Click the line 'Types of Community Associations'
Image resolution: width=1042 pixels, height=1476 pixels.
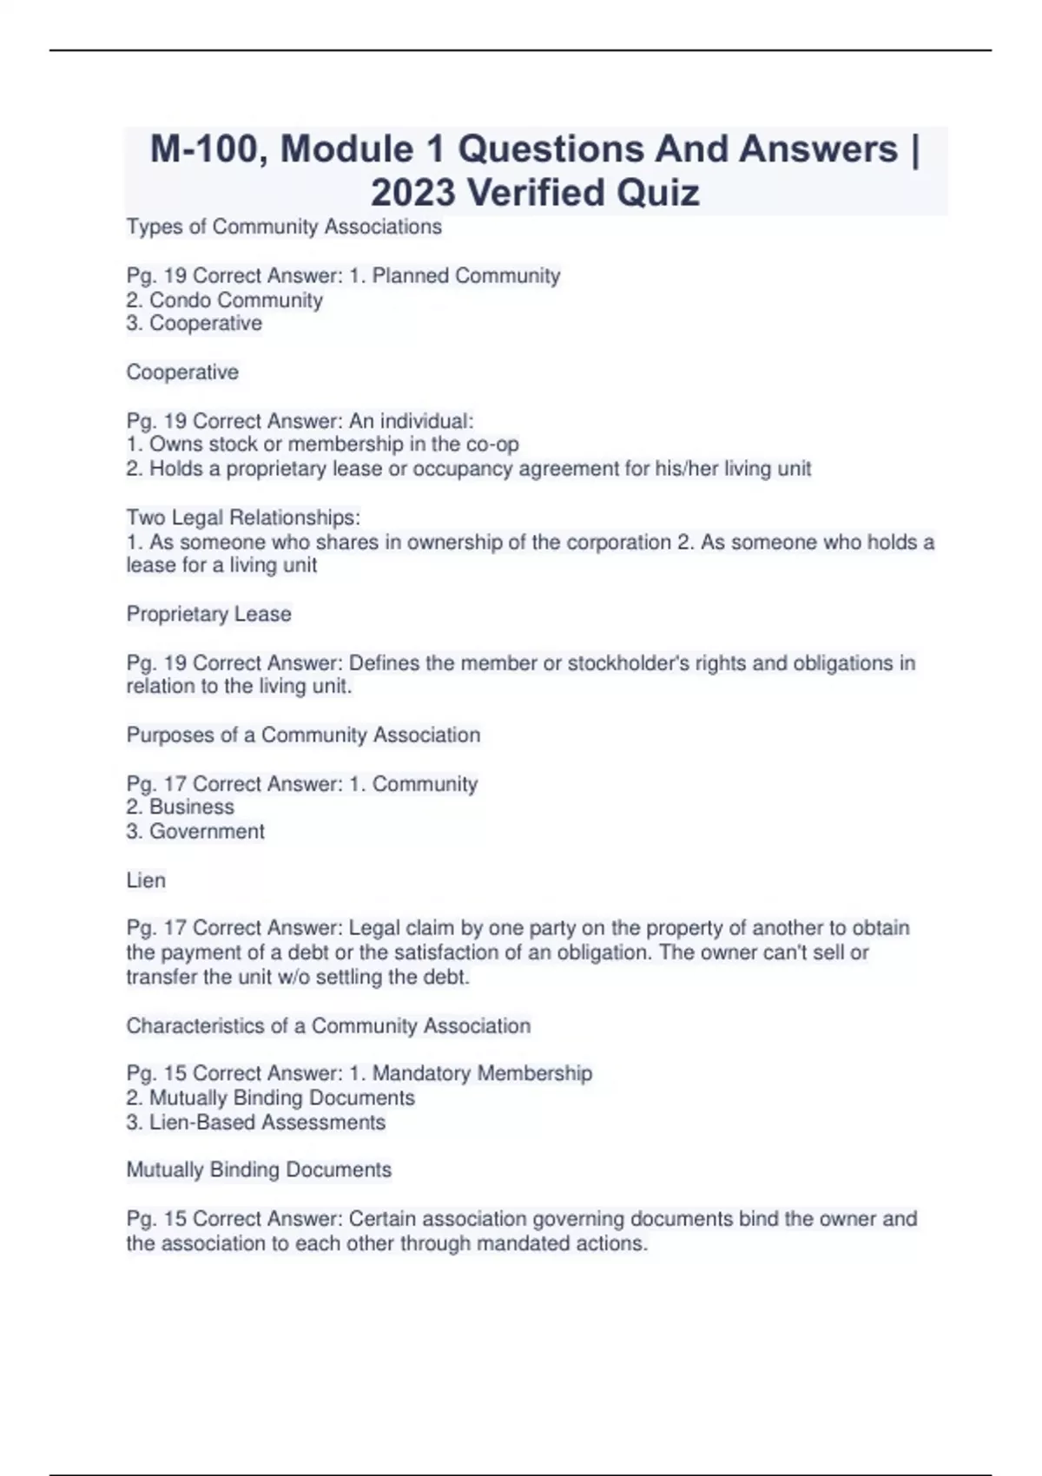[x=284, y=227]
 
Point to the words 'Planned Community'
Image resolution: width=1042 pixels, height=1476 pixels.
[x=466, y=276]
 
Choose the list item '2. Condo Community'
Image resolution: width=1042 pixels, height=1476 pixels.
[x=224, y=300]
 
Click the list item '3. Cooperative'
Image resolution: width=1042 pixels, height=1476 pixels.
[x=194, y=324]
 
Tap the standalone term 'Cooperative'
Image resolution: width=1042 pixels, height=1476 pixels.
[x=182, y=372]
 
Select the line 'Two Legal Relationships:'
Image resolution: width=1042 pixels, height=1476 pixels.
[x=243, y=517]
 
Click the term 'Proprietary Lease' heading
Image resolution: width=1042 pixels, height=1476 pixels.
[x=208, y=614]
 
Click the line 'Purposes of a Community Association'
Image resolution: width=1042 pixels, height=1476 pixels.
[x=303, y=735]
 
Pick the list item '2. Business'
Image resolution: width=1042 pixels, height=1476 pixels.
[x=180, y=807]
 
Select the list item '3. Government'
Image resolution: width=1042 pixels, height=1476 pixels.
[x=195, y=832]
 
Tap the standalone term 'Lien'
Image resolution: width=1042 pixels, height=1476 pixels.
[x=146, y=880]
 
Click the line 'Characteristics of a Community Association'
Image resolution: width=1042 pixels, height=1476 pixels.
[x=328, y=1026]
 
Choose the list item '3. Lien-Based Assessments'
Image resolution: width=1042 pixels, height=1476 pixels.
[x=255, y=1123]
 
